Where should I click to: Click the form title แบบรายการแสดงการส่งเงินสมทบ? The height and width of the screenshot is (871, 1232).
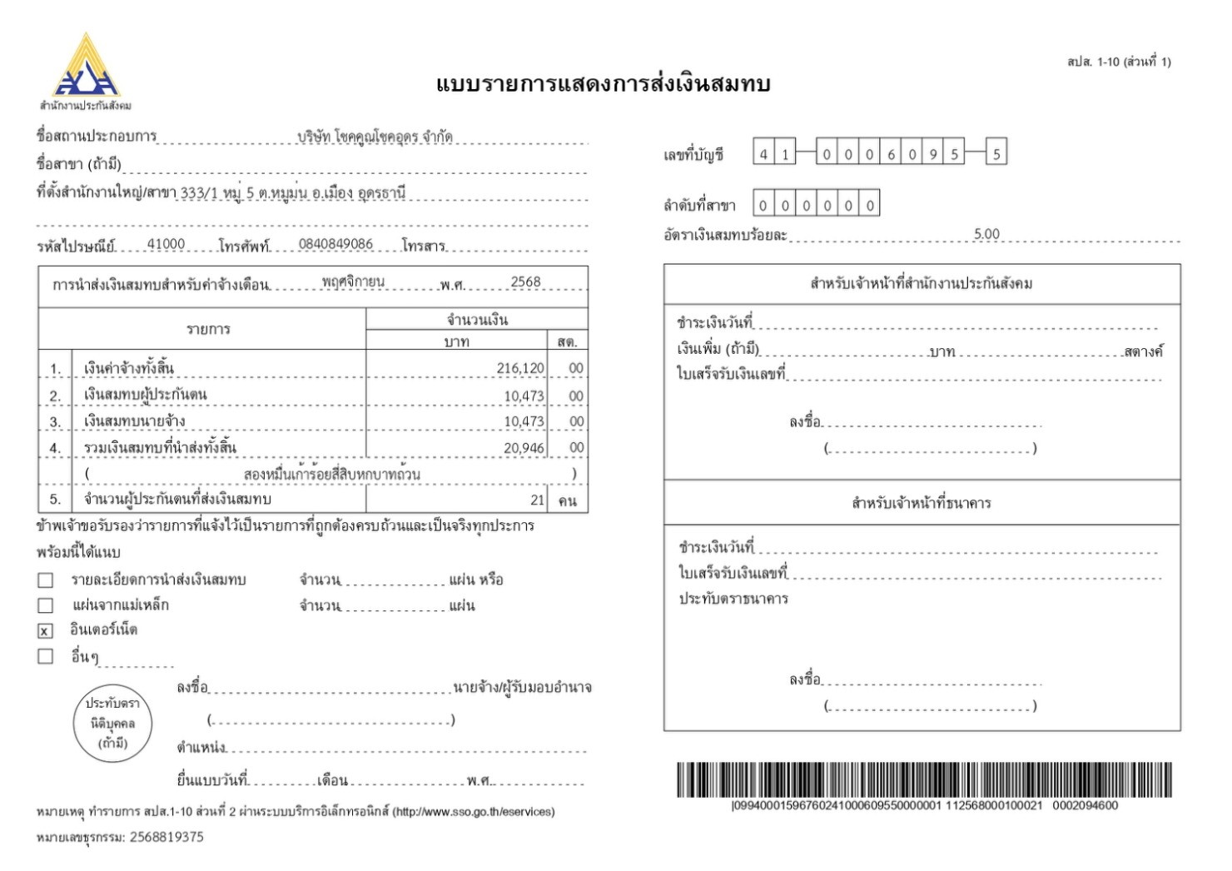coord(604,84)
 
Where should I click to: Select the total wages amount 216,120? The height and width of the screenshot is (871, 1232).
coord(520,368)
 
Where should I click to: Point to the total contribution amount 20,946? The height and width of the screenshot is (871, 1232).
coord(524,448)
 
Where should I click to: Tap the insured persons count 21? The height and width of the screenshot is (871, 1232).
coord(538,500)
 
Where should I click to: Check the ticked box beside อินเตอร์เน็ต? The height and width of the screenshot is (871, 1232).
coord(46,631)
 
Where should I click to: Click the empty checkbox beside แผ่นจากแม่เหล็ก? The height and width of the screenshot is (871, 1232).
coord(46,605)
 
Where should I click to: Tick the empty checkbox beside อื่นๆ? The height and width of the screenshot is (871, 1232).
coord(46,657)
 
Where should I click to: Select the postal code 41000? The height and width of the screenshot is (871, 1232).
coord(166,244)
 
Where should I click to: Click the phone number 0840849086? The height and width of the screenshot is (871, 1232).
coord(335,244)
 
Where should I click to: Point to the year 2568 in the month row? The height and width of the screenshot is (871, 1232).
coord(525,282)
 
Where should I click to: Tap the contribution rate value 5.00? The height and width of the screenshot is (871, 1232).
coord(986,234)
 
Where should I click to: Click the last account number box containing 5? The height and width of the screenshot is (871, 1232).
coord(996,154)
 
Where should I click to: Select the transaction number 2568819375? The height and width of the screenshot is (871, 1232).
coord(166,837)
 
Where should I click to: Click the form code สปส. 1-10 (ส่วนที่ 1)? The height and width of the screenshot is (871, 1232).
coord(1119,62)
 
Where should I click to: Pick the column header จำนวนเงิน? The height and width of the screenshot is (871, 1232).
coord(477,320)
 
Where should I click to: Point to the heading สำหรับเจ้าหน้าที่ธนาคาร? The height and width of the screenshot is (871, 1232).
coord(922,503)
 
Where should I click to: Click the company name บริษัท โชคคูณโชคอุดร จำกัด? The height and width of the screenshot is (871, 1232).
coord(375,137)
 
